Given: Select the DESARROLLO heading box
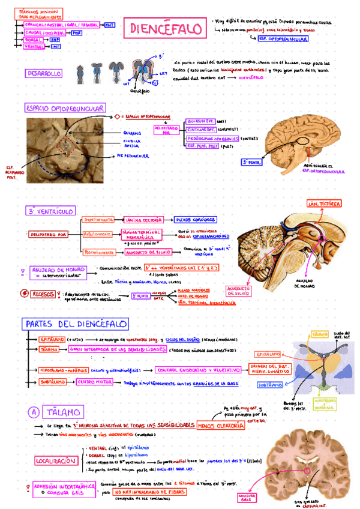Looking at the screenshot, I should (x=43, y=73).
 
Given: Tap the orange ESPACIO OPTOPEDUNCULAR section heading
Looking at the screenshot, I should (x=65, y=108).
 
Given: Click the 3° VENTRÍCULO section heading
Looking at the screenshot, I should (x=50, y=211).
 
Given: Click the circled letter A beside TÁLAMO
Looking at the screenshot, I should (x=34, y=412).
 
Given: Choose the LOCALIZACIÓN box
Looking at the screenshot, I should (x=56, y=461).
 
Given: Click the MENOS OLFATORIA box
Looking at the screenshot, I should (x=220, y=426).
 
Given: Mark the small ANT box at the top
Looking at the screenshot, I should (x=109, y=25).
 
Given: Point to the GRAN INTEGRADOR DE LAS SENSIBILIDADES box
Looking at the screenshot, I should (x=117, y=349).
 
